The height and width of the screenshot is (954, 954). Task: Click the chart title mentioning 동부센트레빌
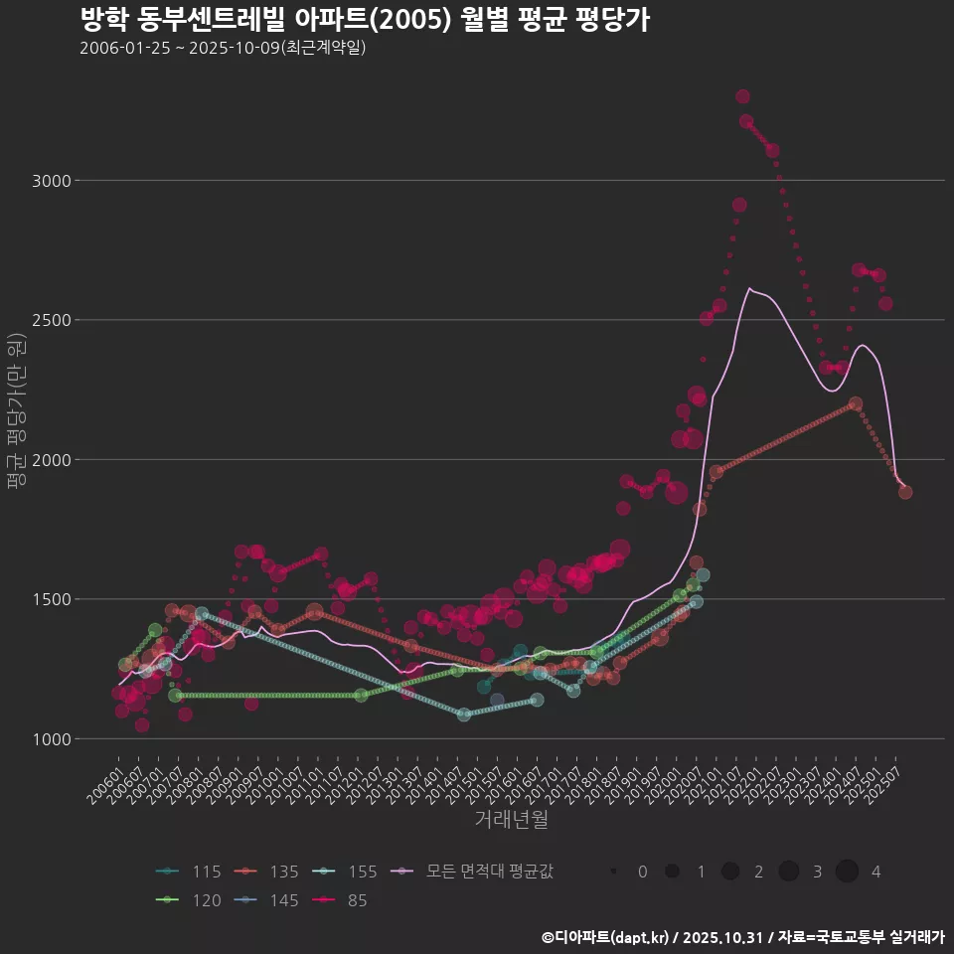click(364, 20)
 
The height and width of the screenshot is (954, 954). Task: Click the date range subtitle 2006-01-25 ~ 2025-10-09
click(223, 48)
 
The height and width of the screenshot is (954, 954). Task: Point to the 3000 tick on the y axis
click(52, 181)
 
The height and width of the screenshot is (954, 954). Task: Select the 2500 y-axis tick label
click(52, 320)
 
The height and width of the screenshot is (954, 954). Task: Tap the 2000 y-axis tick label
click(52, 460)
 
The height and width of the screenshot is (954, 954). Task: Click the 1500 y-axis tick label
click(52, 599)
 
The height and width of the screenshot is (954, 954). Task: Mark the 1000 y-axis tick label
click(52, 739)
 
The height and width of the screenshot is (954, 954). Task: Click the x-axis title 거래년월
click(511, 819)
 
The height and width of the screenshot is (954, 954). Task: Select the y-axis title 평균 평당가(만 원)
click(16, 411)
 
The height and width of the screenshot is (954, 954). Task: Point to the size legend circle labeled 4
click(847, 872)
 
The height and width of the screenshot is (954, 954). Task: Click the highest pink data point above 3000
click(742, 96)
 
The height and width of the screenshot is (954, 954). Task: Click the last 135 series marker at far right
click(905, 492)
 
